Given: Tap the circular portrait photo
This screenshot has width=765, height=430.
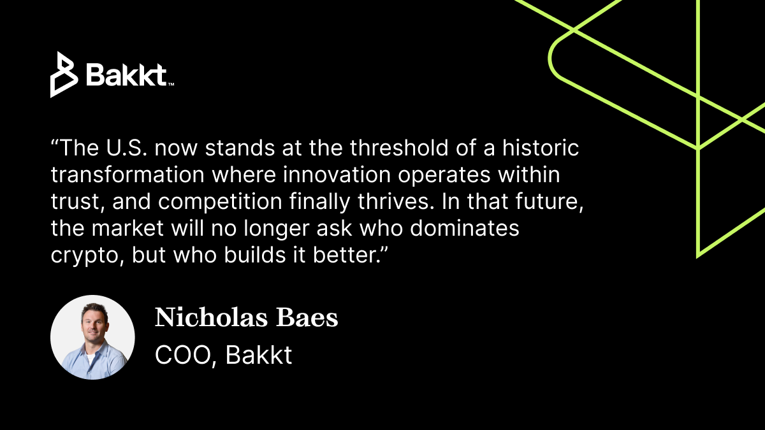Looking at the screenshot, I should [92, 337].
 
